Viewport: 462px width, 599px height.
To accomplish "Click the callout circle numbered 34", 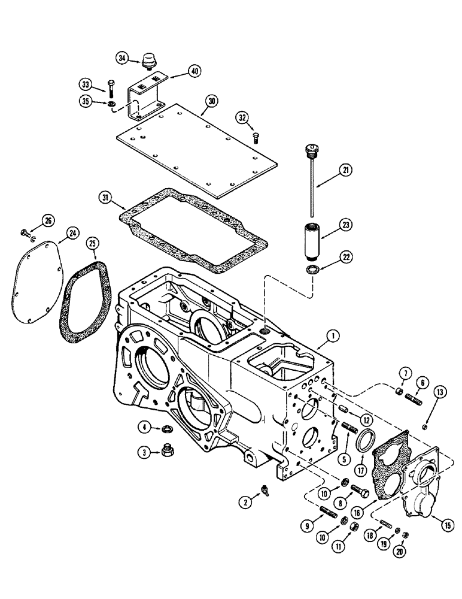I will tap(122, 58).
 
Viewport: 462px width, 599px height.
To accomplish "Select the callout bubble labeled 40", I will tap(193, 71).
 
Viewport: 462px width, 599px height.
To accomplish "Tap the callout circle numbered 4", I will tap(145, 426).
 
